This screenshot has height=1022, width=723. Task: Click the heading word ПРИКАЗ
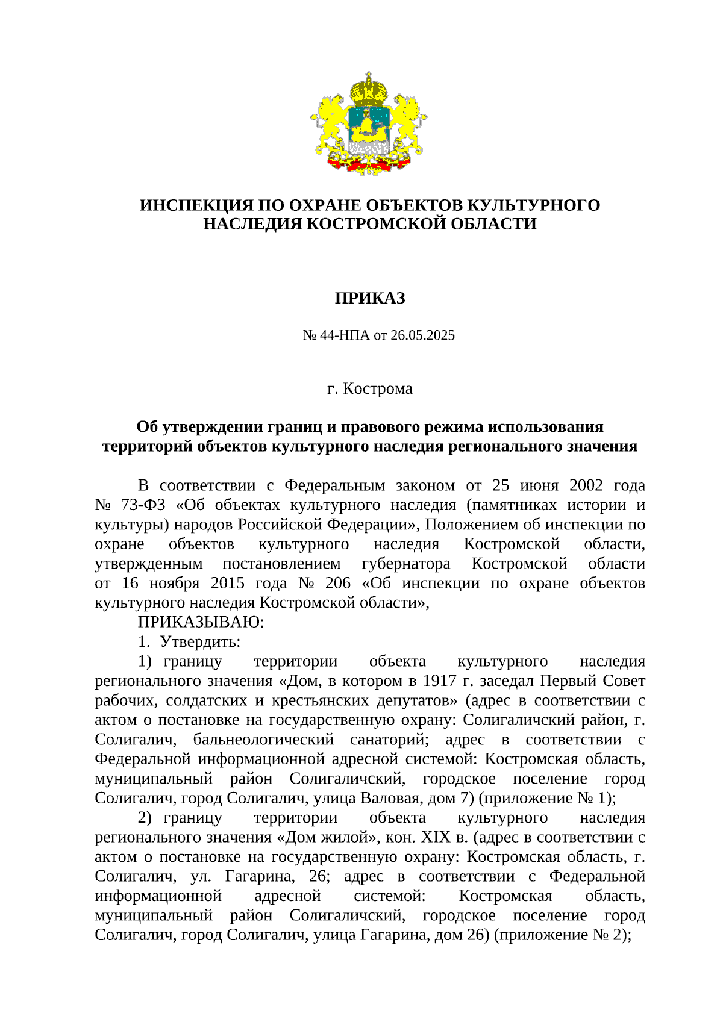[x=370, y=298]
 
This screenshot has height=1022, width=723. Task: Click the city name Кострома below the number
[x=378, y=388]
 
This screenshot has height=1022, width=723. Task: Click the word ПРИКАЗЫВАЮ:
[x=201, y=622]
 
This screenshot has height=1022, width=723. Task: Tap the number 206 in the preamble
[x=338, y=583]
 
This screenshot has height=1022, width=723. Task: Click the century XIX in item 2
[x=435, y=837]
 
